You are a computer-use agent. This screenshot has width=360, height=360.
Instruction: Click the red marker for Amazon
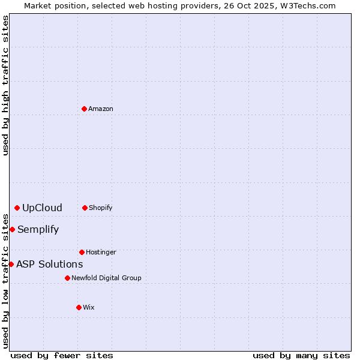pyautogui.click(x=85, y=109)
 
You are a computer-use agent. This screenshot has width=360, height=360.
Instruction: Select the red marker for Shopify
pyautogui.click(x=85, y=208)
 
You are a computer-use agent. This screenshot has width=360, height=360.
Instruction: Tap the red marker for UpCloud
pyautogui.click(x=17, y=208)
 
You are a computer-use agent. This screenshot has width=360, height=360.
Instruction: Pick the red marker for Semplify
pyautogui.click(x=12, y=229)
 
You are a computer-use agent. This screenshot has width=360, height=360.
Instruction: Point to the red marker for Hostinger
pyautogui.click(x=82, y=252)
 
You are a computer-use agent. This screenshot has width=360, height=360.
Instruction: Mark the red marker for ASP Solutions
pyautogui.click(x=11, y=264)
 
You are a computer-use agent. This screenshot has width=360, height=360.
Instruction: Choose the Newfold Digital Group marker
pyautogui.click(x=67, y=278)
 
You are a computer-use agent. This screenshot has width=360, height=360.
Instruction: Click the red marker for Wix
pyautogui.click(x=79, y=307)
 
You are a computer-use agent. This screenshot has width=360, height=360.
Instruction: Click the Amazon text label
pyautogui.click(x=101, y=109)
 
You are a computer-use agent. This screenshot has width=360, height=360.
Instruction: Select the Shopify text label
pyautogui.click(x=101, y=208)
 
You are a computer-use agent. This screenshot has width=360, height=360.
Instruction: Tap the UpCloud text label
pyautogui.click(x=42, y=208)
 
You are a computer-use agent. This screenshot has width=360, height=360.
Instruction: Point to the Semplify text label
pyautogui.click(x=38, y=229)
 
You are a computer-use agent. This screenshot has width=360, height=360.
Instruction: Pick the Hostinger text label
pyautogui.click(x=101, y=252)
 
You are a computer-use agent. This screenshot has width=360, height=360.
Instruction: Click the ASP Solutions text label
pyautogui.click(x=49, y=264)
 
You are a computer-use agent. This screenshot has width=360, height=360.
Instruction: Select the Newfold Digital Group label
pyautogui.click(x=106, y=278)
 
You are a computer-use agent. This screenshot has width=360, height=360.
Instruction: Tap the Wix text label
pyautogui.click(x=89, y=307)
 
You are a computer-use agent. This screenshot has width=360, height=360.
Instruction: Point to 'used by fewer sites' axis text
pyautogui.click(x=62, y=355)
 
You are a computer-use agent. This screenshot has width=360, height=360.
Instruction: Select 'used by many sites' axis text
pyautogui.click(x=301, y=355)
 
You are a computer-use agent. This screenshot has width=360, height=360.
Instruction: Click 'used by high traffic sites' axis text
pyautogui.click(x=5, y=85)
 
